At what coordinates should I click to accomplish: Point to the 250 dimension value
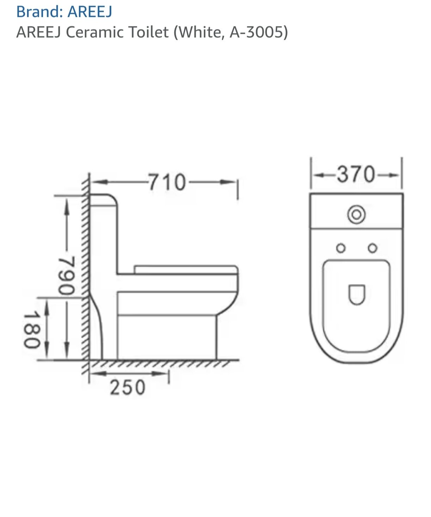tap(127, 387)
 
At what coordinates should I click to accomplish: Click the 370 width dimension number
tap(356, 175)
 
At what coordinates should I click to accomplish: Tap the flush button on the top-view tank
tap(356, 214)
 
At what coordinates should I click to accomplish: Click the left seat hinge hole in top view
tap(340, 248)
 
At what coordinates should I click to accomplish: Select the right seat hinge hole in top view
tap(372, 248)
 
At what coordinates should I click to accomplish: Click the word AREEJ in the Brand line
tap(90, 12)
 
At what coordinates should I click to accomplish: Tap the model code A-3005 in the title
tap(256, 32)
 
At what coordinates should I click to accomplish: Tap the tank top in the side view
tap(104, 197)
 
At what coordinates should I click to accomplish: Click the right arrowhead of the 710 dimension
tap(227, 182)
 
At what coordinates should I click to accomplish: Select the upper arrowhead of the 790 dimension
tap(66, 208)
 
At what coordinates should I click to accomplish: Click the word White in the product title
tap(199, 32)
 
